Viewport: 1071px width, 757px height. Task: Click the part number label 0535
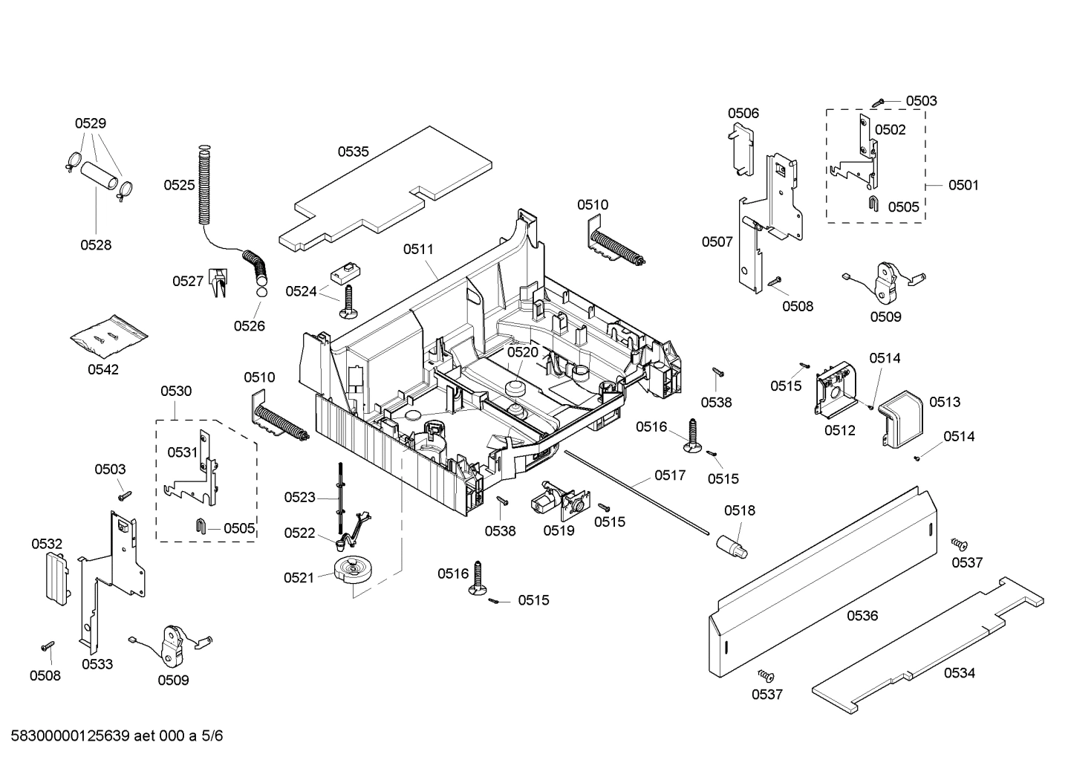point(353,152)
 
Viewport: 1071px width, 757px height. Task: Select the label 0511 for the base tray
point(418,250)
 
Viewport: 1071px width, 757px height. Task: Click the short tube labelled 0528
point(100,175)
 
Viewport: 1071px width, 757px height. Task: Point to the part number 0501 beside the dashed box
point(963,185)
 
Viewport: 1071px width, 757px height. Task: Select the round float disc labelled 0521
point(352,571)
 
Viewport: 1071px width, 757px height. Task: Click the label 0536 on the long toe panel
point(862,615)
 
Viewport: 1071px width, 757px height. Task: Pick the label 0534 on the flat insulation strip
point(960,673)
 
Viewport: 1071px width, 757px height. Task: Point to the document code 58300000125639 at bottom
point(67,736)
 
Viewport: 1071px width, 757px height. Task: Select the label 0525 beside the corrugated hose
point(179,185)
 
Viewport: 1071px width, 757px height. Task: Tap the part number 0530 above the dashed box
point(176,391)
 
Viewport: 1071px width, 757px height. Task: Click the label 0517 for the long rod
point(670,475)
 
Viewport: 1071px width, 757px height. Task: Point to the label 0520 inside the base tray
point(522,351)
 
